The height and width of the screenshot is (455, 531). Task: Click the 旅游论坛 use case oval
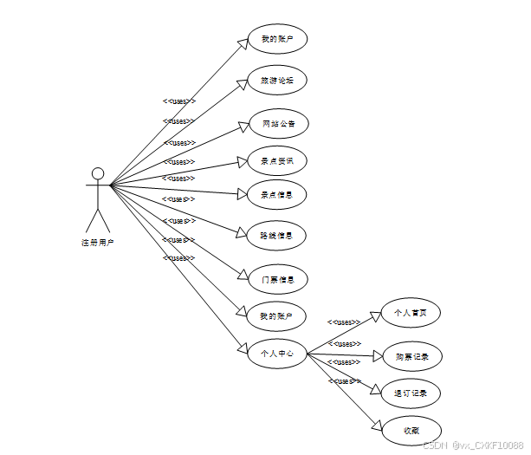point(277,80)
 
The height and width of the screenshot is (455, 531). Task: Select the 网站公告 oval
point(278,124)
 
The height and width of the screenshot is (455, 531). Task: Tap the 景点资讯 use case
point(277,160)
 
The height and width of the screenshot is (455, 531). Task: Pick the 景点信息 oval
point(276,195)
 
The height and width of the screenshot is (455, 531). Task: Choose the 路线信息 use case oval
point(276,235)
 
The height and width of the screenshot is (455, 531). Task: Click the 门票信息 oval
point(277,279)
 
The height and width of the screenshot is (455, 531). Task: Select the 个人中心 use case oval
point(277,353)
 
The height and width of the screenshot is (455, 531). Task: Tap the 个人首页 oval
point(411,313)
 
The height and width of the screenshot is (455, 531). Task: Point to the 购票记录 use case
point(412,356)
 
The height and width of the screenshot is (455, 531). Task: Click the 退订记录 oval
point(411,393)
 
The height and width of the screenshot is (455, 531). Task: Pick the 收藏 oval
point(411,431)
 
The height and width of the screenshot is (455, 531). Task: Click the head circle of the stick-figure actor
point(98,173)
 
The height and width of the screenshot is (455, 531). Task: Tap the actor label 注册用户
point(98,243)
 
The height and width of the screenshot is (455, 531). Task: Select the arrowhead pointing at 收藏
point(377,424)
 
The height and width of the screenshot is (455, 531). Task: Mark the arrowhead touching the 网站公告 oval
point(243,127)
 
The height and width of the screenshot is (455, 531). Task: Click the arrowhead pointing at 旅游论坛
point(244,84)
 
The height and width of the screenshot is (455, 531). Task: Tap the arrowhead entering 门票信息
point(244,274)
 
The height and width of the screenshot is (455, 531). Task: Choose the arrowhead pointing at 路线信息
point(243,232)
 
